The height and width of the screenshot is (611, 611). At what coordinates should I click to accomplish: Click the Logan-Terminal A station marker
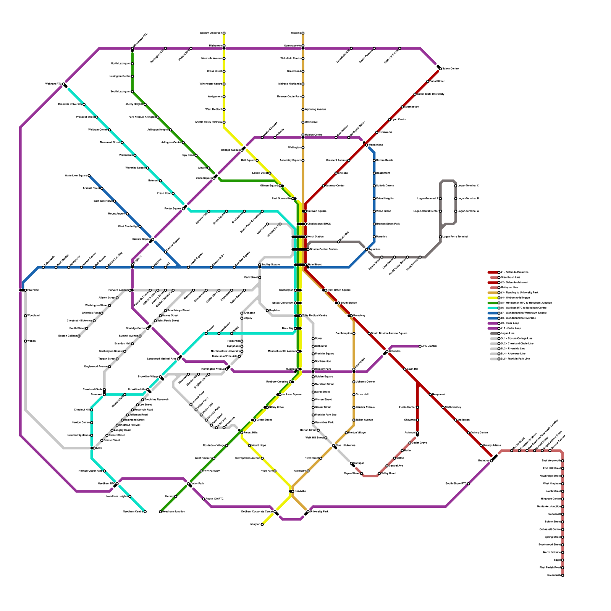pyautogui.click(x=456, y=211)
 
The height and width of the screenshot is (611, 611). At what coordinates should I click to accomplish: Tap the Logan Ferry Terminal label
pyautogui.click(x=455, y=237)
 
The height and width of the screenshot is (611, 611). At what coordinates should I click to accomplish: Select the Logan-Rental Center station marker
pyautogui.click(x=440, y=211)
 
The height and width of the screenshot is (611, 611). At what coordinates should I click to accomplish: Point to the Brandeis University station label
pyautogui.click(x=70, y=104)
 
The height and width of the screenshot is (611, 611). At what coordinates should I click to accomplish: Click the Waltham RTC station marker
pyautogui.click(x=64, y=84)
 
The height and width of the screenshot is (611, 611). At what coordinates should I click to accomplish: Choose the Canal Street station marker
pyautogui.click(x=428, y=81)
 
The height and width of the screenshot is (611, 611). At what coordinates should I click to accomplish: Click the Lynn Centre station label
pyautogui.click(x=399, y=120)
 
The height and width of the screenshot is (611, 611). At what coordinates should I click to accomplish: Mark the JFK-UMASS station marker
pyautogui.click(x=420, y=346)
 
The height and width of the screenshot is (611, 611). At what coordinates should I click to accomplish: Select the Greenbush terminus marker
pyautogui.click(x=563, y=575)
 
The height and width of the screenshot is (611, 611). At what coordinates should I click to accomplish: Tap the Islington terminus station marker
pyautogui.click(x=262, y=524)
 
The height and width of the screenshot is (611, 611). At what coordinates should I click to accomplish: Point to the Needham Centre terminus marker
pyautogui.click(x=145, y=512)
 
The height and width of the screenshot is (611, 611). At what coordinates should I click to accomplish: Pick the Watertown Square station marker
pyautogui.click(x=89, y=176)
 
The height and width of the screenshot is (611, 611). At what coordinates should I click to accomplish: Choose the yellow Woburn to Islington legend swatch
pyautogui.click(x=493, y=298)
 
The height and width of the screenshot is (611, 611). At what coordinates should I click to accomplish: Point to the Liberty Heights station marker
pyautogui.click(x=145, y=104)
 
